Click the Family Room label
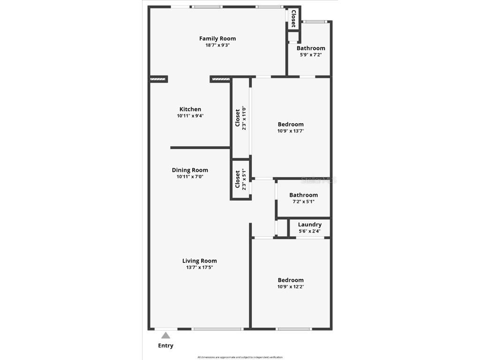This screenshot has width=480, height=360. [x=217, y=38]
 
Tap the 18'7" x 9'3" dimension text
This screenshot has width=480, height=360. [x=217, y=45]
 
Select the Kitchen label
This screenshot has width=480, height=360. [x=190, y=109]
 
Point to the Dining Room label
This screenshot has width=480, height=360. [x=190, y=170]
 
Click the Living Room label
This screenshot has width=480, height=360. [x=200, y=261]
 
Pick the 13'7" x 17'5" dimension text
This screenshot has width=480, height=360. [x=200, y=268]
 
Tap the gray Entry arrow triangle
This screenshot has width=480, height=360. [x=165, y=335]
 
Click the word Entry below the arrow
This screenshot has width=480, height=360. [x=165, y=346]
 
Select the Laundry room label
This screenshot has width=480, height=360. [x=310, y=225]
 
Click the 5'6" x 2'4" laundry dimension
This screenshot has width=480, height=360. [x=310, y=231]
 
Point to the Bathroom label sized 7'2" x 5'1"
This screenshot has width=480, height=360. [x=303, y=195]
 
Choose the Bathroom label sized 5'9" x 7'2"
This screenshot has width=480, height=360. [x=311, y=48]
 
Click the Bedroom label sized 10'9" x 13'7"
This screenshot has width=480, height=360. [x=291, y=124]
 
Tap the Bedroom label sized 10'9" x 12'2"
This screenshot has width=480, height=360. [x=291, y=280]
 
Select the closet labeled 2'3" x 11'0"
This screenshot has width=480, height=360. [x=240, y=117]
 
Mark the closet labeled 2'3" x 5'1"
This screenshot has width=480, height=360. [x=240, y=180]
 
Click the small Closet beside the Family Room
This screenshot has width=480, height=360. [x=293, y=18]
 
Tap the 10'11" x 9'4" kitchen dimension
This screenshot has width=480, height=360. [x=190, y=116]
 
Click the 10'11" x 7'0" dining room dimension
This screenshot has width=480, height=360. [x=190, y=177]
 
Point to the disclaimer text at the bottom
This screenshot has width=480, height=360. [x=240, y=357]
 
